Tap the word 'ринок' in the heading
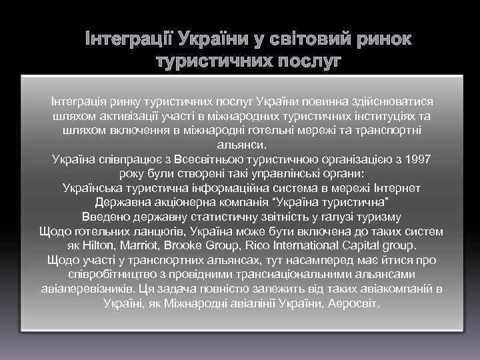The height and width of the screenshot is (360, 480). click(382, 41)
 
